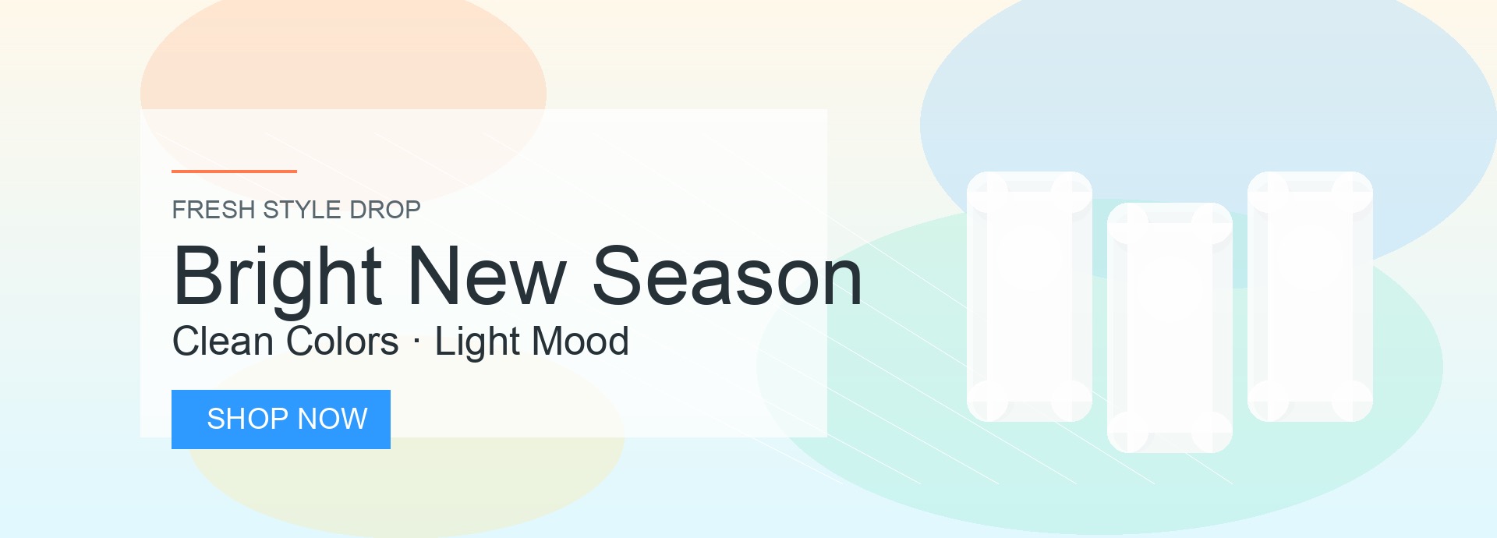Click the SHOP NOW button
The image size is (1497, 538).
coord(281,419)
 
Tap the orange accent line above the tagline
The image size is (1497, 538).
coord(234,171)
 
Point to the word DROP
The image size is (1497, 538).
coord(385,210)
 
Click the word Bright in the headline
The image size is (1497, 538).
coord(278,278)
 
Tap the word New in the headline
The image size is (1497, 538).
coord(487,276)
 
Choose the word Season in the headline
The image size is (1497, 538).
coord(727,276)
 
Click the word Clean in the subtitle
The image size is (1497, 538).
coord(222,342)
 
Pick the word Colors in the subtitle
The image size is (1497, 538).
coord(342,342)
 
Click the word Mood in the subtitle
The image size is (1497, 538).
coord(579,342)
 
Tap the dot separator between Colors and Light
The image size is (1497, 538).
coord(416,342)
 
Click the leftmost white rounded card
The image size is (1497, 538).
coord(1029,296)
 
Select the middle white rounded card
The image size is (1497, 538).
coord(1170,327)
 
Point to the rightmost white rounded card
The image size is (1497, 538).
coord(1310,296)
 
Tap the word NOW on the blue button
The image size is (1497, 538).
coord(333,419)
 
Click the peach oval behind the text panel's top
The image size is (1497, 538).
coord(343,55)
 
